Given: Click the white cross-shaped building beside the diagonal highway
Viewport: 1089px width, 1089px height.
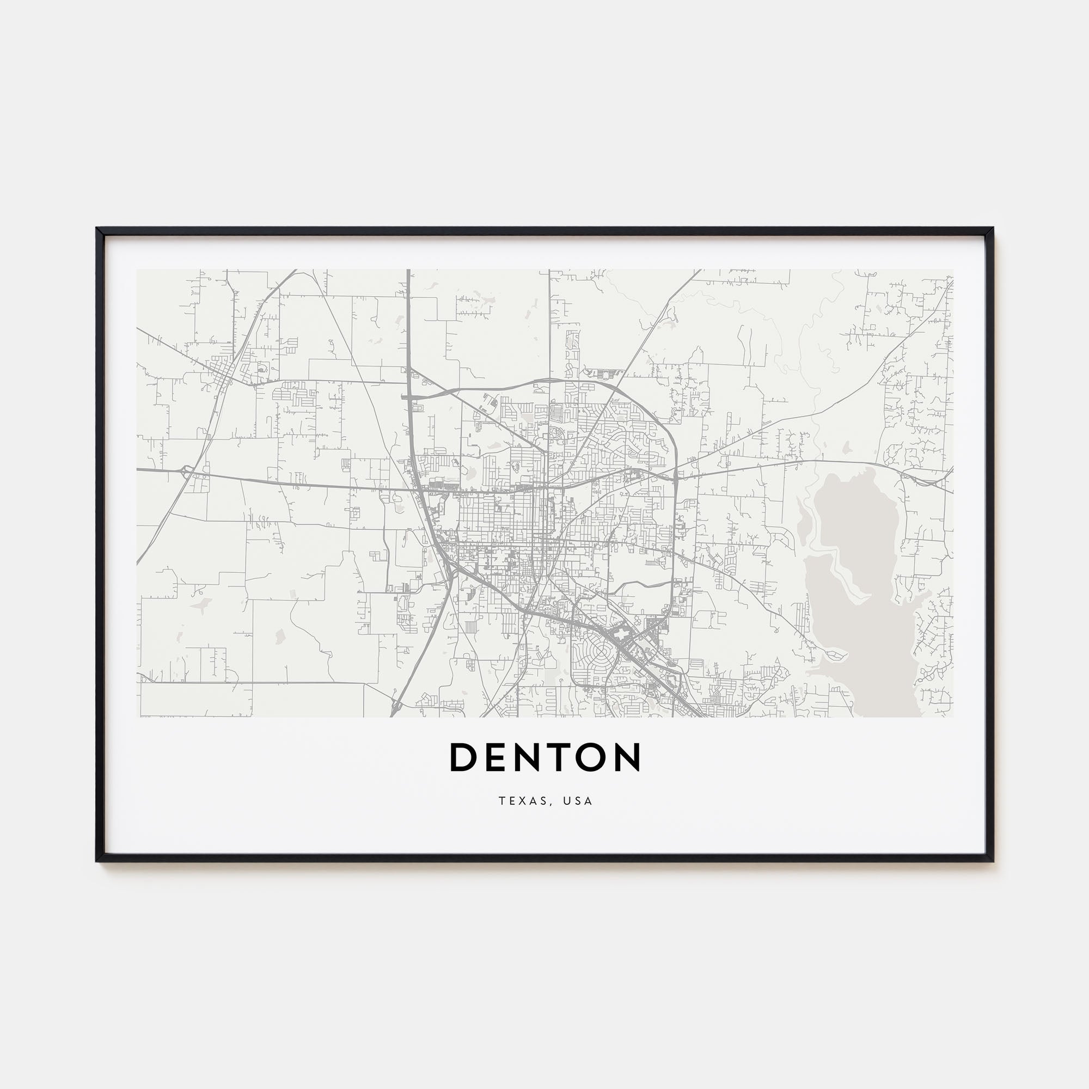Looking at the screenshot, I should point(621,636).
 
